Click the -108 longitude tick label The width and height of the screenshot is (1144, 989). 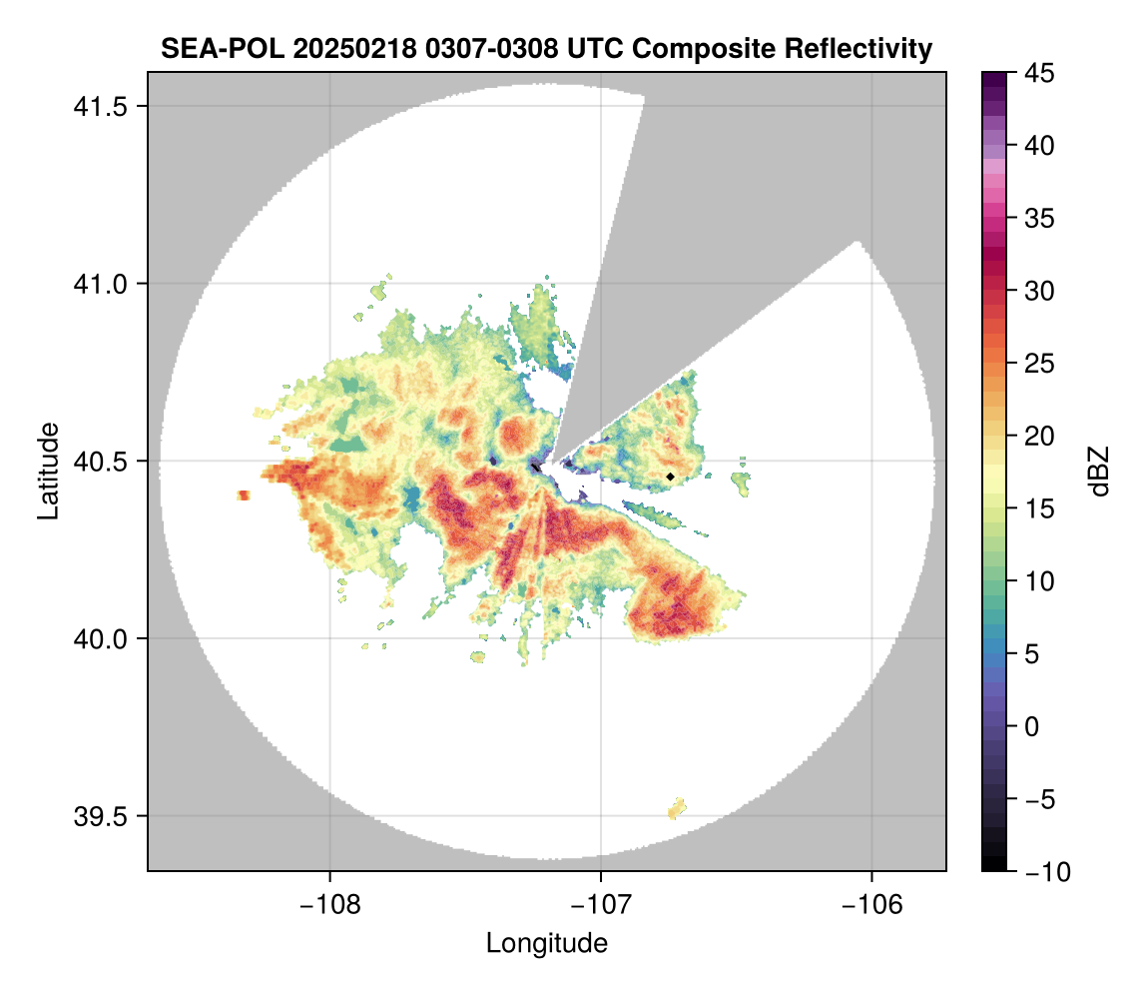328,904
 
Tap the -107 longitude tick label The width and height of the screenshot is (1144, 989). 601,904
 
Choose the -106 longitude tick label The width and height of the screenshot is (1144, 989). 872,904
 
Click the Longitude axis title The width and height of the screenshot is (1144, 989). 546,943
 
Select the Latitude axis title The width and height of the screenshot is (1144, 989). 47,471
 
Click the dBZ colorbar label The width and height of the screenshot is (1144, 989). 1099,472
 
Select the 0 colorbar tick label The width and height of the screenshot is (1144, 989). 1034,727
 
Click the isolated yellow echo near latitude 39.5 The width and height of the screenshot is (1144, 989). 678,808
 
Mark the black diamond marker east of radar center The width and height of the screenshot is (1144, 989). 671,477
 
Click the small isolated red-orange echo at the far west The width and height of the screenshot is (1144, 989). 244,495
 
